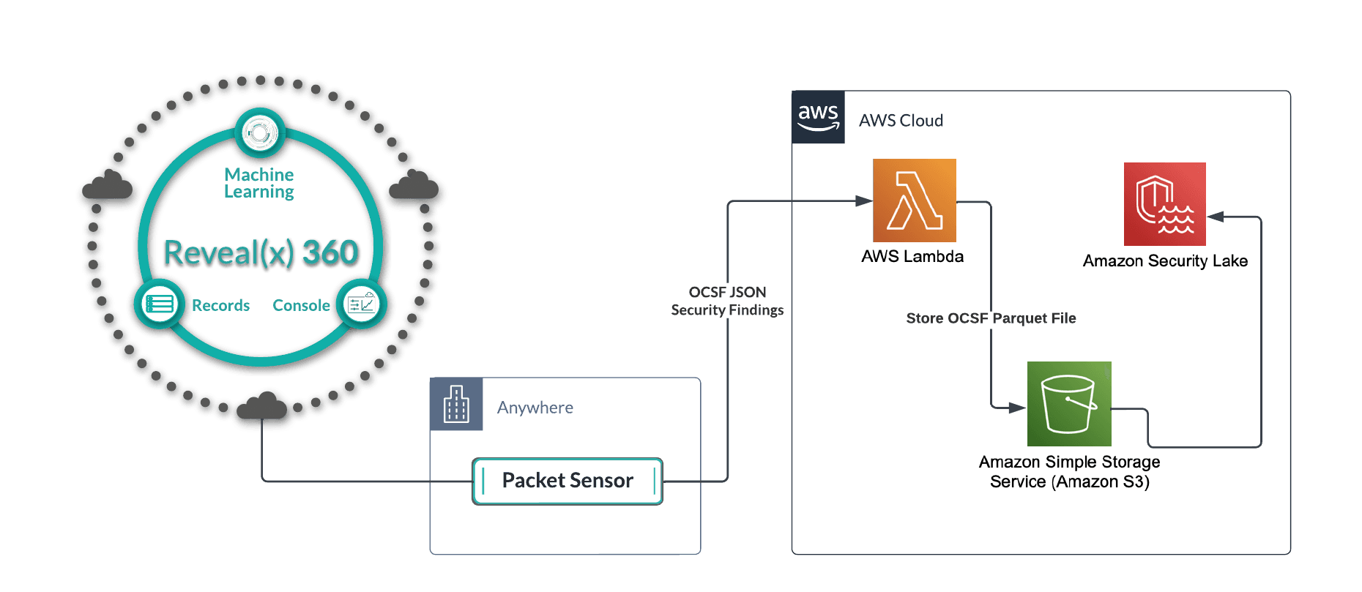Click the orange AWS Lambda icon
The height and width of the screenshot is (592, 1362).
[915, 201]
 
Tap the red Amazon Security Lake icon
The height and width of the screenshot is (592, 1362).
[1164, 204]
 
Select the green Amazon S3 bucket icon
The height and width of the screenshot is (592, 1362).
[1069, 403]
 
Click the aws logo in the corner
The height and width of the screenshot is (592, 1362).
[819, 117]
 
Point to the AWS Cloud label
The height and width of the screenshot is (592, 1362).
[901, 120]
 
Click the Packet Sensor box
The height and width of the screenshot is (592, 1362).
[567, 481]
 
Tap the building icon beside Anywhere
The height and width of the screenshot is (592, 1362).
[456, 404]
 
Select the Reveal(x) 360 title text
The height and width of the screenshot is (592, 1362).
[261, 252]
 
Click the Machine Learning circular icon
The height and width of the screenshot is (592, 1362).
[259, 134]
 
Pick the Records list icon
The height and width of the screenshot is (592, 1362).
[160, 304]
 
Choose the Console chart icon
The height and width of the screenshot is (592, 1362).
[360, 304]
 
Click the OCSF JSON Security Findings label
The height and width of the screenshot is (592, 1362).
[727, 301]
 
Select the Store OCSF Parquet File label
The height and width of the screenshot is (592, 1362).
[991, 318]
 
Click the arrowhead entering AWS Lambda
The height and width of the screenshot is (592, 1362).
[864, 201]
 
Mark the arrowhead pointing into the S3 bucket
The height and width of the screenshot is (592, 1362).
[1017, 408]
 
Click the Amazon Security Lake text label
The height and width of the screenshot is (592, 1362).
[1165, 261]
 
